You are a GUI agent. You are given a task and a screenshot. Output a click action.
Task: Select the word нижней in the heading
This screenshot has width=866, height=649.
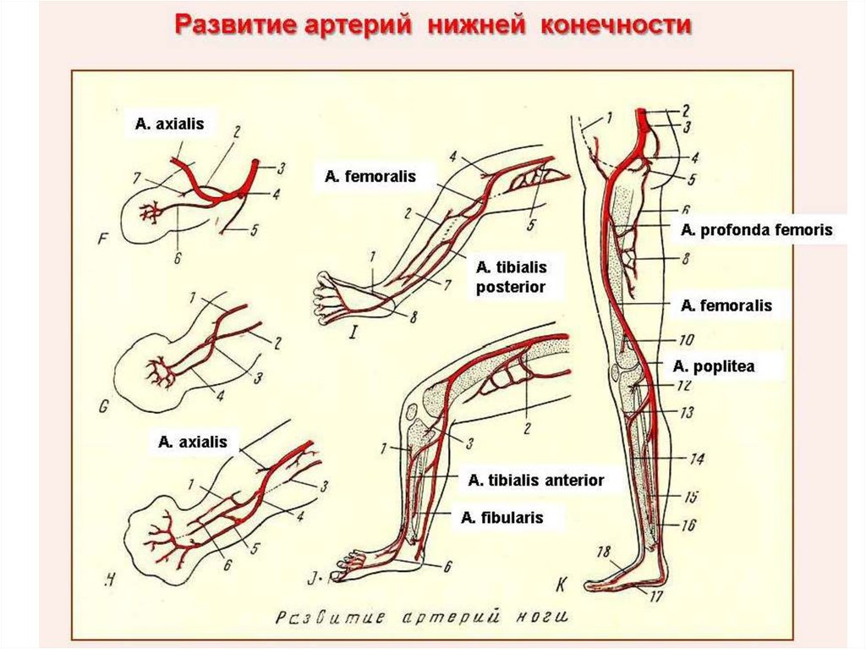click(475, 25)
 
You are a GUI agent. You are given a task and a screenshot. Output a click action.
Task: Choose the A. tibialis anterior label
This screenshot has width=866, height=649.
click(536, 480)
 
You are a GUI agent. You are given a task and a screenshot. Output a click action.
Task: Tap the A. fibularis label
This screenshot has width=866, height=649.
click(502, 517)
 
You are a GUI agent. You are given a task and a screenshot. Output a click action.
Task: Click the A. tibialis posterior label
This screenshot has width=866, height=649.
click(510, 277)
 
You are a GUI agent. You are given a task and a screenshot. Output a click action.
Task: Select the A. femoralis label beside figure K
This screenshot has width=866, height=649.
click(726, 305)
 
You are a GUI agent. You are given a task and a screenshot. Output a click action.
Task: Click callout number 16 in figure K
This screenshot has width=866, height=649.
click(688, 525)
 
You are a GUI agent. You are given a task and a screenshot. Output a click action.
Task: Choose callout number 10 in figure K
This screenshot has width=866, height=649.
click(686, 341)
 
